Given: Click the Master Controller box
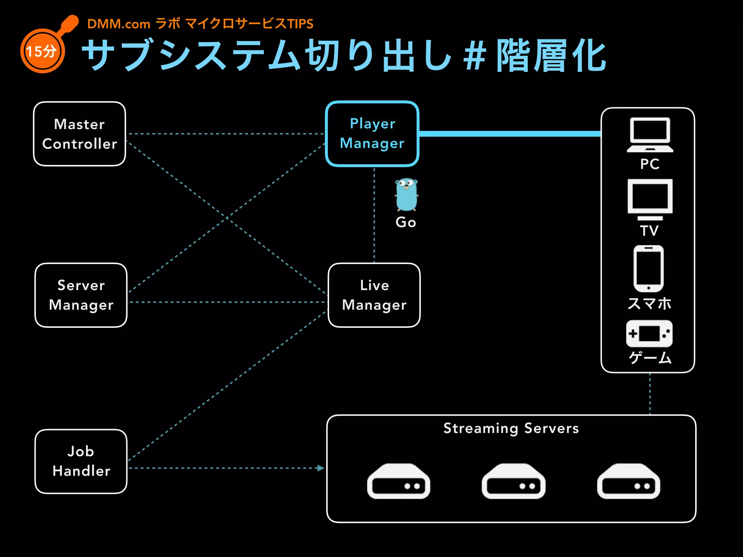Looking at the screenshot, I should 79,134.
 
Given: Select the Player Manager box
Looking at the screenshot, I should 372,134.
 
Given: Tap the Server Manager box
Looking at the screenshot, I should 81,295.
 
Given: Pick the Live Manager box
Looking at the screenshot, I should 374,295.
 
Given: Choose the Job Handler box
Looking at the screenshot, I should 81,461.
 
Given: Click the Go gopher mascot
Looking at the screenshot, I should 406,195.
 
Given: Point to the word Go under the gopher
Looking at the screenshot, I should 406,222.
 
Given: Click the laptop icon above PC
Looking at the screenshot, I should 649,135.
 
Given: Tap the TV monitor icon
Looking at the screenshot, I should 649,199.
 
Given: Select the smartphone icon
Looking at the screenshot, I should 648,268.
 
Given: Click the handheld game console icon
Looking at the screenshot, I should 649,334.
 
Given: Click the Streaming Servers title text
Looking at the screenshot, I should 511,428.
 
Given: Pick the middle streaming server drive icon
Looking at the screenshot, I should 513,481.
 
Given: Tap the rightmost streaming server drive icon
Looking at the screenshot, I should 628,481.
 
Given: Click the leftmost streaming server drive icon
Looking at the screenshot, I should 398,481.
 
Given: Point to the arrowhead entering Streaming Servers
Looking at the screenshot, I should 320,468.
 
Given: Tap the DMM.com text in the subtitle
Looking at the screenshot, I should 119,24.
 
